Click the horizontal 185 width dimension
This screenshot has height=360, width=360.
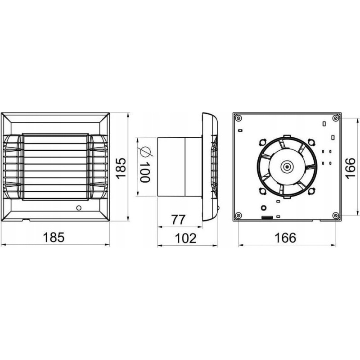pos(54,238)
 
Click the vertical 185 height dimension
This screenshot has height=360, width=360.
pos(121,168)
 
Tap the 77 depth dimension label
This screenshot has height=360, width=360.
pos(178,220)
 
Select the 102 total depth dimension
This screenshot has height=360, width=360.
pos(186,238)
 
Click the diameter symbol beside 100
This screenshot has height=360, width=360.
pos(145,152)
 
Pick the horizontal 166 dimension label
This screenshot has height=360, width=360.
pos(286,238)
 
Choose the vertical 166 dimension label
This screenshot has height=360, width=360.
pos(351,168)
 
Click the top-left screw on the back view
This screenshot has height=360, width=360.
pos(238,118)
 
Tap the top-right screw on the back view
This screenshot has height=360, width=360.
pos(336,118)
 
